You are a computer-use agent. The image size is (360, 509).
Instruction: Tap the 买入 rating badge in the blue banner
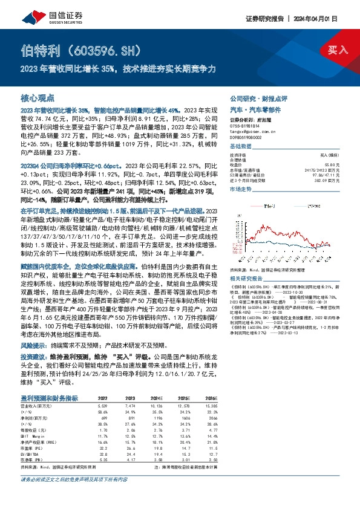click(x=337, y=50)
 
